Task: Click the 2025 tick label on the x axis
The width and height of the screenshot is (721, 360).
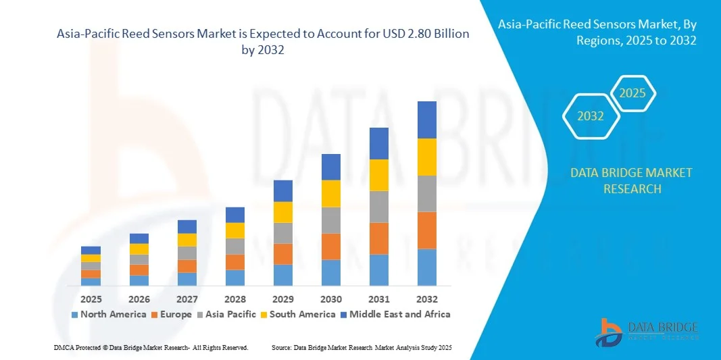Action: [91, 299]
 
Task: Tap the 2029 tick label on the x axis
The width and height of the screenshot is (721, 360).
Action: [282, 299]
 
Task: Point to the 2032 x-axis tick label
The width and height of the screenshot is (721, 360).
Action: [427, 299]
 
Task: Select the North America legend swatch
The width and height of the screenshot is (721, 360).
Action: [75, 315]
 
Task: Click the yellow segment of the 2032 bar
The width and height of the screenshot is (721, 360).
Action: [427, 157]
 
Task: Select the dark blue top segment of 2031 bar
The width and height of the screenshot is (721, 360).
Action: [379, 143]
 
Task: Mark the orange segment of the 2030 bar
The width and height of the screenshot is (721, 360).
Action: [331, 247]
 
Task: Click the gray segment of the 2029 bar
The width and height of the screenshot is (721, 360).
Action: [282, 233]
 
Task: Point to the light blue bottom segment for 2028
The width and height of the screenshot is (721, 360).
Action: [235, 278]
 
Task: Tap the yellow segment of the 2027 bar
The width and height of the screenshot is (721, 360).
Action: [187, 240]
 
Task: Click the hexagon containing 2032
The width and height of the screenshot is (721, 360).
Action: [591, 116]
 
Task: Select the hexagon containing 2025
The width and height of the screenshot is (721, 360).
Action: [632, 94]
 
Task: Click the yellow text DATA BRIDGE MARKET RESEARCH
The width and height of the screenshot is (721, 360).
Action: [631, 180]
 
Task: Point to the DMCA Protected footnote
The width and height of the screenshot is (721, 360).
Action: [151, 347]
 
